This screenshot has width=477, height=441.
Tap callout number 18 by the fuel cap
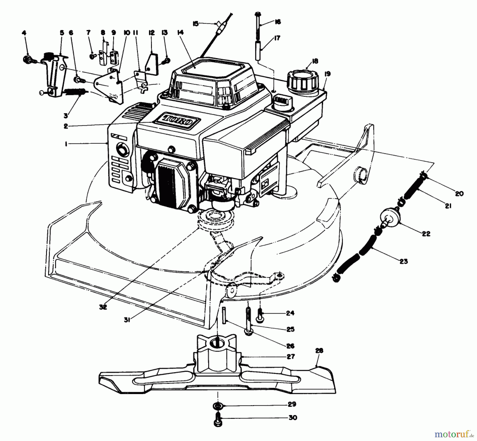pos(315,61)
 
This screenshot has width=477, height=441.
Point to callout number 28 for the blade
pos(319,351)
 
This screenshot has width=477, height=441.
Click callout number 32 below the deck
pos(103,307)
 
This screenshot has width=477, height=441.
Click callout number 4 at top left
pos(24,33)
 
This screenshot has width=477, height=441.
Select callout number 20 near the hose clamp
pos(459,194)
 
